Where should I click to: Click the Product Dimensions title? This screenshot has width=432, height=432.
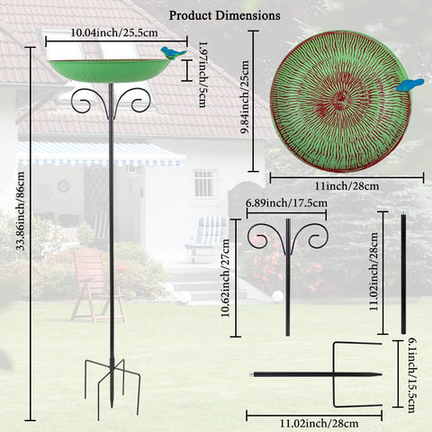tap(225, 15)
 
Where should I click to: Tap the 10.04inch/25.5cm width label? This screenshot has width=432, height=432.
tap(114, 32)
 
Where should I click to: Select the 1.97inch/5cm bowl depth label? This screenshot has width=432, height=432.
tap(203, 74)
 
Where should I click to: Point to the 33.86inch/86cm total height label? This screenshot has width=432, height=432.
tap(20, 211)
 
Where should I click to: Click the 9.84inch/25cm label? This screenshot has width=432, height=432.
tap(245, 97)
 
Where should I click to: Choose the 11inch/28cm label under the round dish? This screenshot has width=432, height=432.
tap(346, 186)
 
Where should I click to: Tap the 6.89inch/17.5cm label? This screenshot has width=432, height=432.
tap(287, 203)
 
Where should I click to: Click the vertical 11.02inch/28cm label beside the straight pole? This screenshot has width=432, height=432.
tap(373, 272)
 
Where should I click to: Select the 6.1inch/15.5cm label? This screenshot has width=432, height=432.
tap(412, 375)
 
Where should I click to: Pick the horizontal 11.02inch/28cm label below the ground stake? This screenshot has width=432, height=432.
tap(319, 424)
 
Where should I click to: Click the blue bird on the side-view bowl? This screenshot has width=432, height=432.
tap(173, 52)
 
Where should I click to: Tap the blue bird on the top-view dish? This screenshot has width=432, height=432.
tap(410, 85)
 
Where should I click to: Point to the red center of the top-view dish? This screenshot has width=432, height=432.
tap(341, 97)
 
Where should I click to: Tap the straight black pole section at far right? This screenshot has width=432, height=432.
tap(403, 273)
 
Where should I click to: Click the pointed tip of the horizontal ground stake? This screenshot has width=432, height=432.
tap(382, 374)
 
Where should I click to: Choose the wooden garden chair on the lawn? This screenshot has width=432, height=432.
tap(97, 285)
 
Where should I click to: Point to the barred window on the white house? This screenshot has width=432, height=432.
tap(203, 184)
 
